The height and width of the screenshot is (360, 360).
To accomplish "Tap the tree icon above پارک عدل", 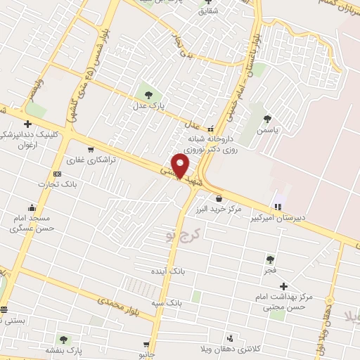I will coord(148,94).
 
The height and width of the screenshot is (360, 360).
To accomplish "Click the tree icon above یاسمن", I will coord(266,118).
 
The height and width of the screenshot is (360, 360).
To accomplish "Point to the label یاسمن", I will coord(266,130).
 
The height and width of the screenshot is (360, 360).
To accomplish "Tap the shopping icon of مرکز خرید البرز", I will coord(219,198).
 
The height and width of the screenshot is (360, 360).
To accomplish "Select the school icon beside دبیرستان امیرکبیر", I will coord(278,207).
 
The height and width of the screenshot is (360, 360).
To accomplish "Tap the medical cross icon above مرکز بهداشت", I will coord(283,286).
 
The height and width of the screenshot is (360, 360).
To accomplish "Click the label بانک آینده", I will coord(167,271).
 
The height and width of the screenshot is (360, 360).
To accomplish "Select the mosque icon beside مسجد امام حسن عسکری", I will coord(32,207).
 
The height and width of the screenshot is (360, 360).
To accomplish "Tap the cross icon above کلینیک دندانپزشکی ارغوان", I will coord(27,124).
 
